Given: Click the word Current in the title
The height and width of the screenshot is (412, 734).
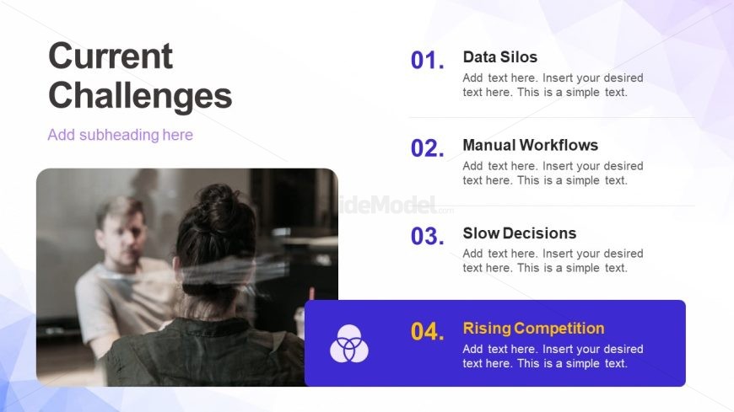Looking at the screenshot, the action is click(111, 56).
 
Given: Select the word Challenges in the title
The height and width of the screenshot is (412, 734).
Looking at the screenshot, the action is click(140, 96).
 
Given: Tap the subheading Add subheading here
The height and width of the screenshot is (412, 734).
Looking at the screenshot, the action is click(121, 135).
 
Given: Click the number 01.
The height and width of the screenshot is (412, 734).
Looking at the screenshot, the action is click(428, 61).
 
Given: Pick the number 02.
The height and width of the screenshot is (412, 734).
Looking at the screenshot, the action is click(428, 148).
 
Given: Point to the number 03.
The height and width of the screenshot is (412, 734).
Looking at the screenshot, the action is click(428, 236).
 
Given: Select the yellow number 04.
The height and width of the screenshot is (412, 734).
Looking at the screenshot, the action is click(428, 332).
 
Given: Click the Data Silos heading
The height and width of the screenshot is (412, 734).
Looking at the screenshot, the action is click(500, 57).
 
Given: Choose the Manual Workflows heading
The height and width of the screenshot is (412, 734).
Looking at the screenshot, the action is click(531, 145).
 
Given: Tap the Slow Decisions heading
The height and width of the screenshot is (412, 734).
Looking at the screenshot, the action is click(520, 233).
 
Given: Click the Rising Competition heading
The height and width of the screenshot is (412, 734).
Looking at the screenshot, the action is click(534, 329).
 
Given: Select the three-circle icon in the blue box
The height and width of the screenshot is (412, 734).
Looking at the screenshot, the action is click(349, 344).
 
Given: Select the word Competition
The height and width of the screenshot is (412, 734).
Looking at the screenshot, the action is click(559, 329).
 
